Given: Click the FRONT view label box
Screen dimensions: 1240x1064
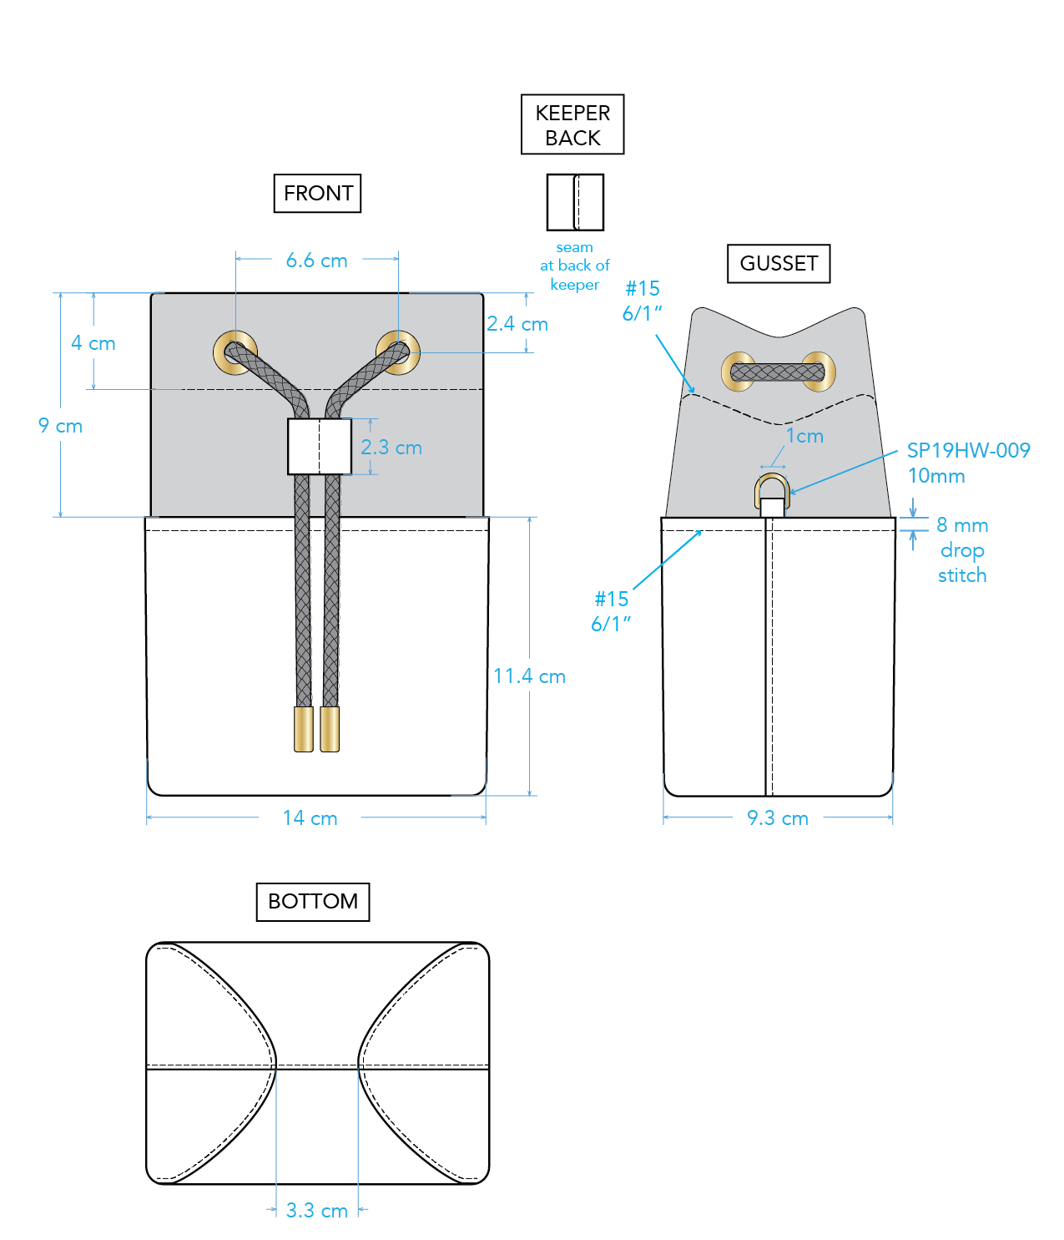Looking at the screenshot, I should pyautogui.click(x=317, y=193).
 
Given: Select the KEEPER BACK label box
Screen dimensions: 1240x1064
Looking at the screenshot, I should pyautogui.click(x=572, y=124).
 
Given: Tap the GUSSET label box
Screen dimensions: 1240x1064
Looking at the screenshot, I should pyautogui.click(x=779, y=263).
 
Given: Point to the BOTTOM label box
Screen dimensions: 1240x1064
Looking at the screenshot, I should pyautogui.click(x=313, y=901).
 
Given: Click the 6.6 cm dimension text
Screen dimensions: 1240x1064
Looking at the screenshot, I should pyautogui.click(x=316, y=261).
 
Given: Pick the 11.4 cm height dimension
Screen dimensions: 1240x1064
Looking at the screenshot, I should pyautogui.click(x=529, y=676).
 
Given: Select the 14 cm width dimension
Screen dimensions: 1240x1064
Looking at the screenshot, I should pyautogui.click(x=310, y=818).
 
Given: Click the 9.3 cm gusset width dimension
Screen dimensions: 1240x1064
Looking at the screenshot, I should pyautogui.click(x=777, y=818).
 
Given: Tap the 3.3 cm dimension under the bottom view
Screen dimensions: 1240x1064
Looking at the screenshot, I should pyautogui.click(x=316, y=1211).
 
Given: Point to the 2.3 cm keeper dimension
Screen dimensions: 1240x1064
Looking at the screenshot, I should pyautogui.click(x=391, y=448).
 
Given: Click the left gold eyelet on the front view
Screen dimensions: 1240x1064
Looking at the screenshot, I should pyautogui.click(x=234, y=352).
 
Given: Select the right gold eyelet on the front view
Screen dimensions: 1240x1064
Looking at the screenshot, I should pyautogui.click(x=398, y=352).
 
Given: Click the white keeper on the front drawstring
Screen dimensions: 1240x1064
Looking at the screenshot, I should pyautogui.click(x=319, y=446).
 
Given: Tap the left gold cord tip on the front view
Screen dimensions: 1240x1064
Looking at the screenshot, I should pyautogui.click(x=304, y=729).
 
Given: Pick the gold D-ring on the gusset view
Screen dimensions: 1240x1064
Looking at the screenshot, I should pyautogui.click(x=772, y=491).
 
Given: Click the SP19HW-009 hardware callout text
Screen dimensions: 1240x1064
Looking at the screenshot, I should pyautogui.click(x=968, y=451).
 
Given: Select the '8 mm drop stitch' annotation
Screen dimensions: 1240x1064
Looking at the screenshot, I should pyautogui.click(x=962, y=550).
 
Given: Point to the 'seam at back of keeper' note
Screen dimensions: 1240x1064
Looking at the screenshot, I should pyautogui.click(x=574, y=266).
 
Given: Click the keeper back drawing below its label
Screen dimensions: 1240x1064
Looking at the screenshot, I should pyautogui.click(x=575, y=202).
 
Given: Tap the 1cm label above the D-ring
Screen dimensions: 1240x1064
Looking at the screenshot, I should pyautogui.click(x=804, y=436).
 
